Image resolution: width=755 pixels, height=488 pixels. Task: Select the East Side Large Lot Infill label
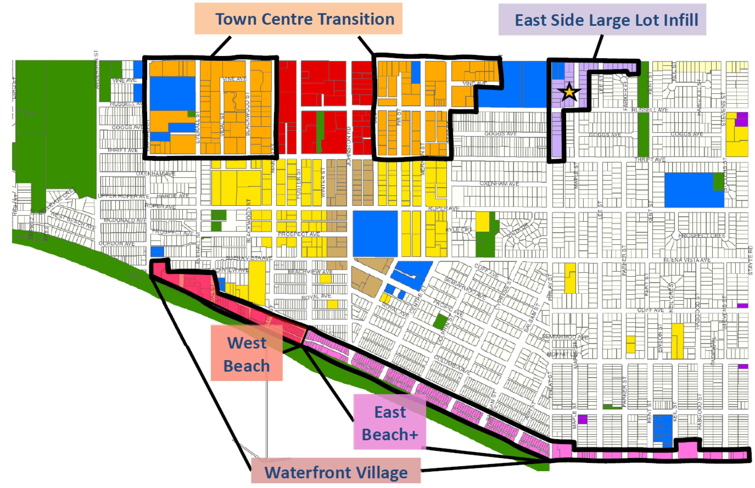pos(602,20)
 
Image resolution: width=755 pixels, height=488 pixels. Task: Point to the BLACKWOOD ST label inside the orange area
pos(248,114)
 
